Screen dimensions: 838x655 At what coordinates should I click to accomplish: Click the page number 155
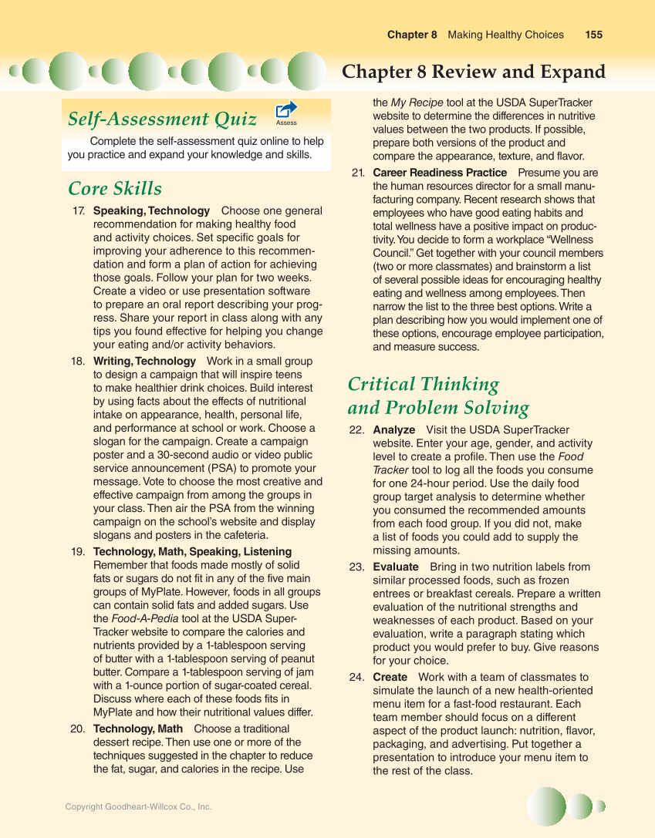(x=593, y=35)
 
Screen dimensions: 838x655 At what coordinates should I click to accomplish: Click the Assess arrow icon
(x=286, y=111)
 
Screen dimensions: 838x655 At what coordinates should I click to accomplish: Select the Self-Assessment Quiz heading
(x=162, y=119)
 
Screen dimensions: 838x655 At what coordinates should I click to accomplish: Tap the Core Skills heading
(x=115, y=189)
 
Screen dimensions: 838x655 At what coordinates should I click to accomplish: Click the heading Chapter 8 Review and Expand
(x=473, y=72)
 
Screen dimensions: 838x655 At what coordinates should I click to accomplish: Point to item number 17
(x=79, y=210)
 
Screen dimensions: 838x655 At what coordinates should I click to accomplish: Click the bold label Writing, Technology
(x=144, y=361)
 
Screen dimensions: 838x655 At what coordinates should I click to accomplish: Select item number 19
(x=78, y=551)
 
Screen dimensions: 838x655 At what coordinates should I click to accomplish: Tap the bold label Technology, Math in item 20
(x=137, y=729)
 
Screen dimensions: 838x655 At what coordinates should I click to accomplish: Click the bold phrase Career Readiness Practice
(x=439, y=173)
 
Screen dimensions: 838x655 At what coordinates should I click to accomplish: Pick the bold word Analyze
(x=393, y=429)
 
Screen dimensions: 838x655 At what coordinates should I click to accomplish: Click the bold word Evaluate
(x=395, y=567)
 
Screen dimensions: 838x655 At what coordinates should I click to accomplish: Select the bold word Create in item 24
(x=390, y=677)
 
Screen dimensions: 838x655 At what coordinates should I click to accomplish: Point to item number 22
(x=356, y=429)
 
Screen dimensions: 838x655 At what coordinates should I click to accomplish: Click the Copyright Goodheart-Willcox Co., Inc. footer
(x=138, y=806)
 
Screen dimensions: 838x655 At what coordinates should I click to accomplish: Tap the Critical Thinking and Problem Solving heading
(x=437, y=395)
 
